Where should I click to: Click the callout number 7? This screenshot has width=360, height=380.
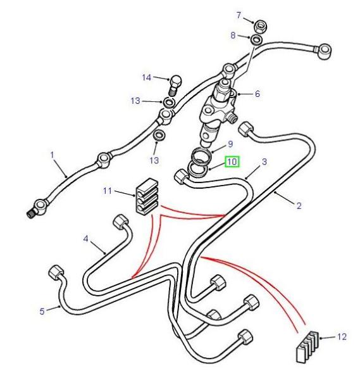click(x=239, y=15)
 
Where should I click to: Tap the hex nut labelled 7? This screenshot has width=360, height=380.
click(x=259, y=26)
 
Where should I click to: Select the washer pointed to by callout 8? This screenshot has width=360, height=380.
click(x=256, y=40)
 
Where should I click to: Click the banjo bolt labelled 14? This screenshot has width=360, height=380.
click(x=175, y=85)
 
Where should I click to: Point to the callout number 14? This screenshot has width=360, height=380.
click(x=147, y=77)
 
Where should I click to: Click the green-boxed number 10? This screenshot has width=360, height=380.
click(x=232, y=161)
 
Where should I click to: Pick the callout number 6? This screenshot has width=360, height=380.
click(x=257, y=94)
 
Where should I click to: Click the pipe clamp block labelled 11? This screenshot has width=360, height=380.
click(x=147, y=197)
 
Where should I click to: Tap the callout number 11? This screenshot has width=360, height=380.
click(x=108, y=191)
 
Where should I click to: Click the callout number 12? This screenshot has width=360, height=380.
click(x=342, y=337)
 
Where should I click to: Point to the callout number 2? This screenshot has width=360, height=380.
click(x=299, y=206)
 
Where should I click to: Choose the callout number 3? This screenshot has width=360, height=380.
click(x=264, y=161)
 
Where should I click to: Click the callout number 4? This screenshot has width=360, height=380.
click(x=85, y=239)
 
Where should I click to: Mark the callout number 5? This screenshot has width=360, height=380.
click(x=42, y=312)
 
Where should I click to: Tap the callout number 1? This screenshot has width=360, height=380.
click(x=53, y=155)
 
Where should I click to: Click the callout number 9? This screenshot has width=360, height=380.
click(x=230, y=144)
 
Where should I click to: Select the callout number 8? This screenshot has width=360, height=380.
click(x=233, y=35)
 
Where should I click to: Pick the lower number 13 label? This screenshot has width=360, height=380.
click(x=154, y=160)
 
